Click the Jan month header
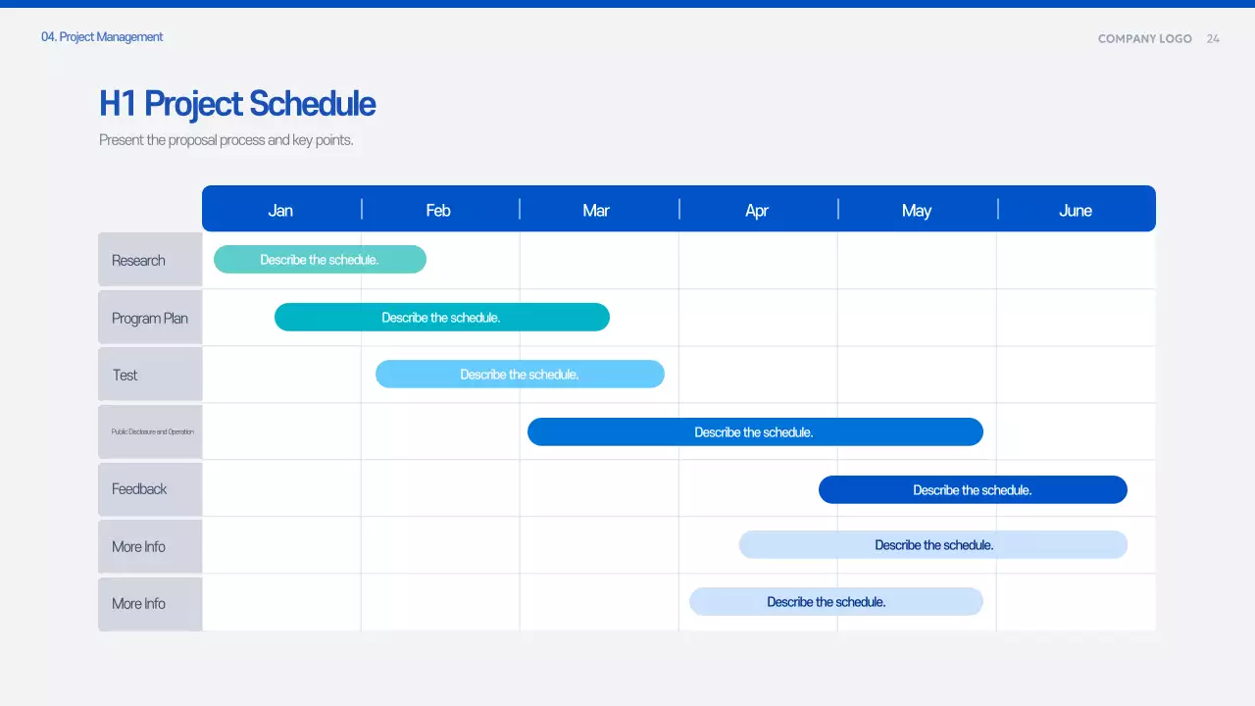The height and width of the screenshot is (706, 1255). coord(280,210)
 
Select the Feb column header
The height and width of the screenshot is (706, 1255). coord(438,210)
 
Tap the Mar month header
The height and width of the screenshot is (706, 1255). coord(596,210)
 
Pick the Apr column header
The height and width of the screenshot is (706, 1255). coord(757,210)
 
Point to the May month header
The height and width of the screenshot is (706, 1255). coord(917,210)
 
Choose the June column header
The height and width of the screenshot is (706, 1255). coord(1076,210)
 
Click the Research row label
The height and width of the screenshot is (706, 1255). coord(138,260)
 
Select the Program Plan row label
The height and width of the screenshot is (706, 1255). coord(150,318)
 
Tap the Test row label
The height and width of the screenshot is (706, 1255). coord(125,375)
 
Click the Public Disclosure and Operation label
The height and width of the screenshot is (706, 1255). coord(152,431)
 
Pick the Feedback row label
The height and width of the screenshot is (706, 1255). coord(139,488)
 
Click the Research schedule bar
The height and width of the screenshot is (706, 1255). coord(320,260)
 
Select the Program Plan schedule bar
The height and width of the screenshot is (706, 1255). coord(441,317)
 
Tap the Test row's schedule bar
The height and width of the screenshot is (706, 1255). coord(520,374)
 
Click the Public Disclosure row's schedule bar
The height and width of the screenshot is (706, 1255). coord(754,431)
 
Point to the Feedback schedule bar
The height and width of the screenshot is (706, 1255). coord(972,489)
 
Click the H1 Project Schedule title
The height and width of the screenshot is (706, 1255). coord(237,104)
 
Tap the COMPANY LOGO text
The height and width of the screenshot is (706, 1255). coord(1144,38)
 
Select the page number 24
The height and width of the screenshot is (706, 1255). coord(1213,38)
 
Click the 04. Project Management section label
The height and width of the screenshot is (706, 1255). coord(102,37)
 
